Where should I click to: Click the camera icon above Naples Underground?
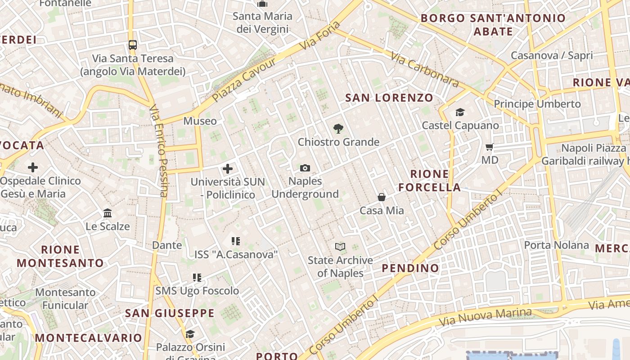tap(305, 168)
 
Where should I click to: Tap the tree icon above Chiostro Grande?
tap(338, 129)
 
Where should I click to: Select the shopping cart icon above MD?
tap(490, 147)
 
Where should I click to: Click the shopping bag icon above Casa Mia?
tap(382, 197)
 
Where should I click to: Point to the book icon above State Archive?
tap(340, 247)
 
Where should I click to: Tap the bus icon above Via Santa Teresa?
tap(132, 45)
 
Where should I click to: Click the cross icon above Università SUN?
tap(228, 169)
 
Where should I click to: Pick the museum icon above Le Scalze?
tap(108, 213)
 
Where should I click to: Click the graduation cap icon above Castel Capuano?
tap(460, 112)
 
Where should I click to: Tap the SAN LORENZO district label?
tap(389, 98)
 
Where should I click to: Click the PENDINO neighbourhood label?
tap(410, 268)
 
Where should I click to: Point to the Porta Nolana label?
tap(556, 245)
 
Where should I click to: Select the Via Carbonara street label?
tap(425, 70)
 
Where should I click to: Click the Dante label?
tap(167, 245)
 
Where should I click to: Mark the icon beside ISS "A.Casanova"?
tap(235, 241)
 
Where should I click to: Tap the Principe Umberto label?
tap(537, 104)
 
